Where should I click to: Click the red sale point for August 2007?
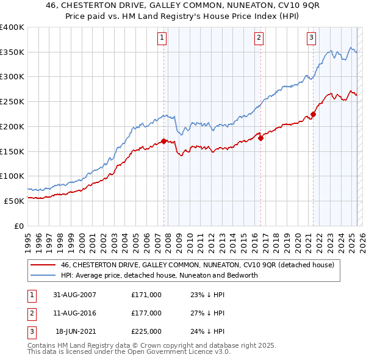click(164, 141)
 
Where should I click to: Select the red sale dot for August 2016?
click(260, 138)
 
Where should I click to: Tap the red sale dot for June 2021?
click(313, 114)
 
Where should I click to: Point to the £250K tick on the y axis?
click(12, 101)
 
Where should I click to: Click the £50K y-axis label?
click(15, 200)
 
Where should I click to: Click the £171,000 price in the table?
click(146, 295)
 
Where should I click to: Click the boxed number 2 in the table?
click(31, 313)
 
